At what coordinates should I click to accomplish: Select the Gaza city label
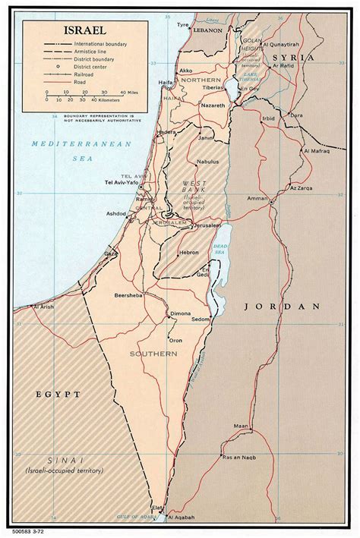click(112, 252)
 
